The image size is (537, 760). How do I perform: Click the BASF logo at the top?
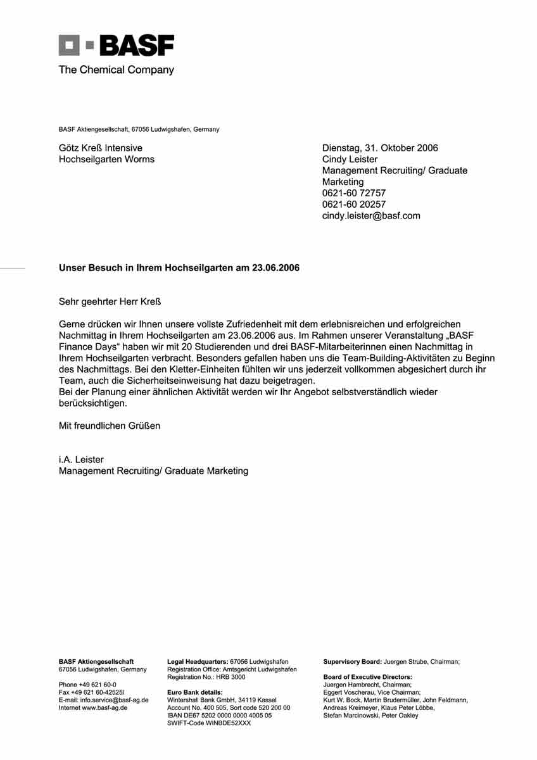click(116, 46)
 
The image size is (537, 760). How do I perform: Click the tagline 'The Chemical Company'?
click(116, 70)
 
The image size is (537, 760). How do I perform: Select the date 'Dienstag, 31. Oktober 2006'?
click(380, 148)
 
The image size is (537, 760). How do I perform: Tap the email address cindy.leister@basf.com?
click(371, 215)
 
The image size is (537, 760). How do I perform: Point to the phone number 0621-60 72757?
click(353, 193)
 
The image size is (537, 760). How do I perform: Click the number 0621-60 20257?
click(353, 204)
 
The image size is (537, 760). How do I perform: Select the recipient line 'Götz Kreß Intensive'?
click(101, 148)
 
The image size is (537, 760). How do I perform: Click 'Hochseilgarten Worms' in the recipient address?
click(106, 160)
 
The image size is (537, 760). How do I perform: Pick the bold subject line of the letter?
click(179, 268)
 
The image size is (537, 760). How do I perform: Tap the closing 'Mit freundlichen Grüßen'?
click(110, 426)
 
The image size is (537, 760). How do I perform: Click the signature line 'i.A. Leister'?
click(81, 460)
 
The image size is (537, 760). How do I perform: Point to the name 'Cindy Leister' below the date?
click(350, 160)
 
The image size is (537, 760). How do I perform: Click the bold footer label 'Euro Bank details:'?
click(194, 692)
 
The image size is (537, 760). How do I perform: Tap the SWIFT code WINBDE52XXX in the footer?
click(208, 723)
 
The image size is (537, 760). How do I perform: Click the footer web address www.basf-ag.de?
click(104, 707)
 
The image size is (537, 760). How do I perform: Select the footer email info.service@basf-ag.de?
click(114, 700)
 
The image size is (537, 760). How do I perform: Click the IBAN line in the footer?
click(219, 715)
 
